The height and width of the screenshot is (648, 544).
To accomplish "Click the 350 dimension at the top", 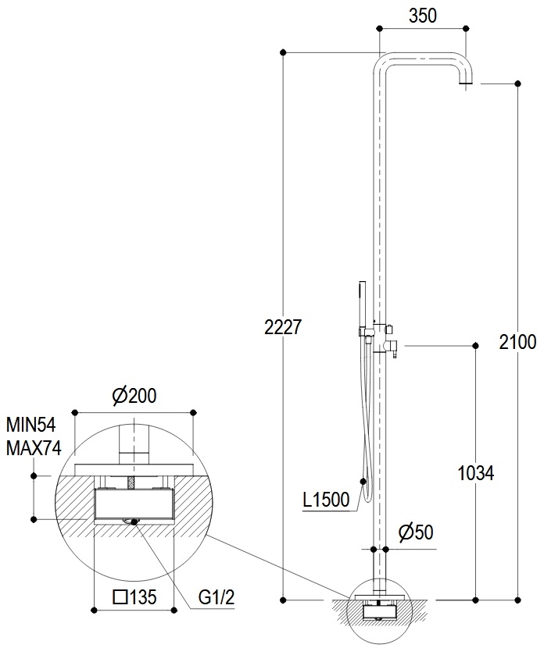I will click(x=422, y=16).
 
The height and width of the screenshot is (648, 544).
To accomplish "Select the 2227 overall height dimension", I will click(x=282, y=328).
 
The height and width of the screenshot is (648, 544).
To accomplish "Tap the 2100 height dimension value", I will click(x=517, y=342).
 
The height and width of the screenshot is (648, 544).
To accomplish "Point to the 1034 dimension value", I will click(x=474, y=473).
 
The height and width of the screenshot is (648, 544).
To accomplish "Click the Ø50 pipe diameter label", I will click(x=415, y=532).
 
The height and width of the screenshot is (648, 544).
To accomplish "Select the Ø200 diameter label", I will click(x=134, y=396).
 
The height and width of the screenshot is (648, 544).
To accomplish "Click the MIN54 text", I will click(x=31, y=426).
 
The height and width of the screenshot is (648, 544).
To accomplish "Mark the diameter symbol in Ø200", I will click(x=119, y=396).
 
